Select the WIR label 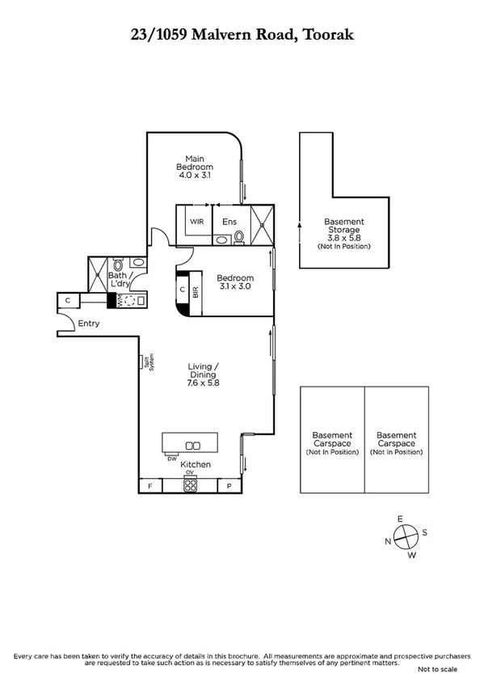click(196, 221)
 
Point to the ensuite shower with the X click(263, 225)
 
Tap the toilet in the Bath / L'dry click(118, 265)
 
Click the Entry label click(88, 324)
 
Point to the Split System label click(148, 362)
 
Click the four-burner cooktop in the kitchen click(191, 485)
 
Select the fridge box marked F click(150, 485)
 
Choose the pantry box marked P click(229, 485)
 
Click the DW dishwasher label click(172, 459)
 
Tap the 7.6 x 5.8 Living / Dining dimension click(203, 383)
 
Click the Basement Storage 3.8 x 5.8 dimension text click(343, 238)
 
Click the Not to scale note click(436, 670)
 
